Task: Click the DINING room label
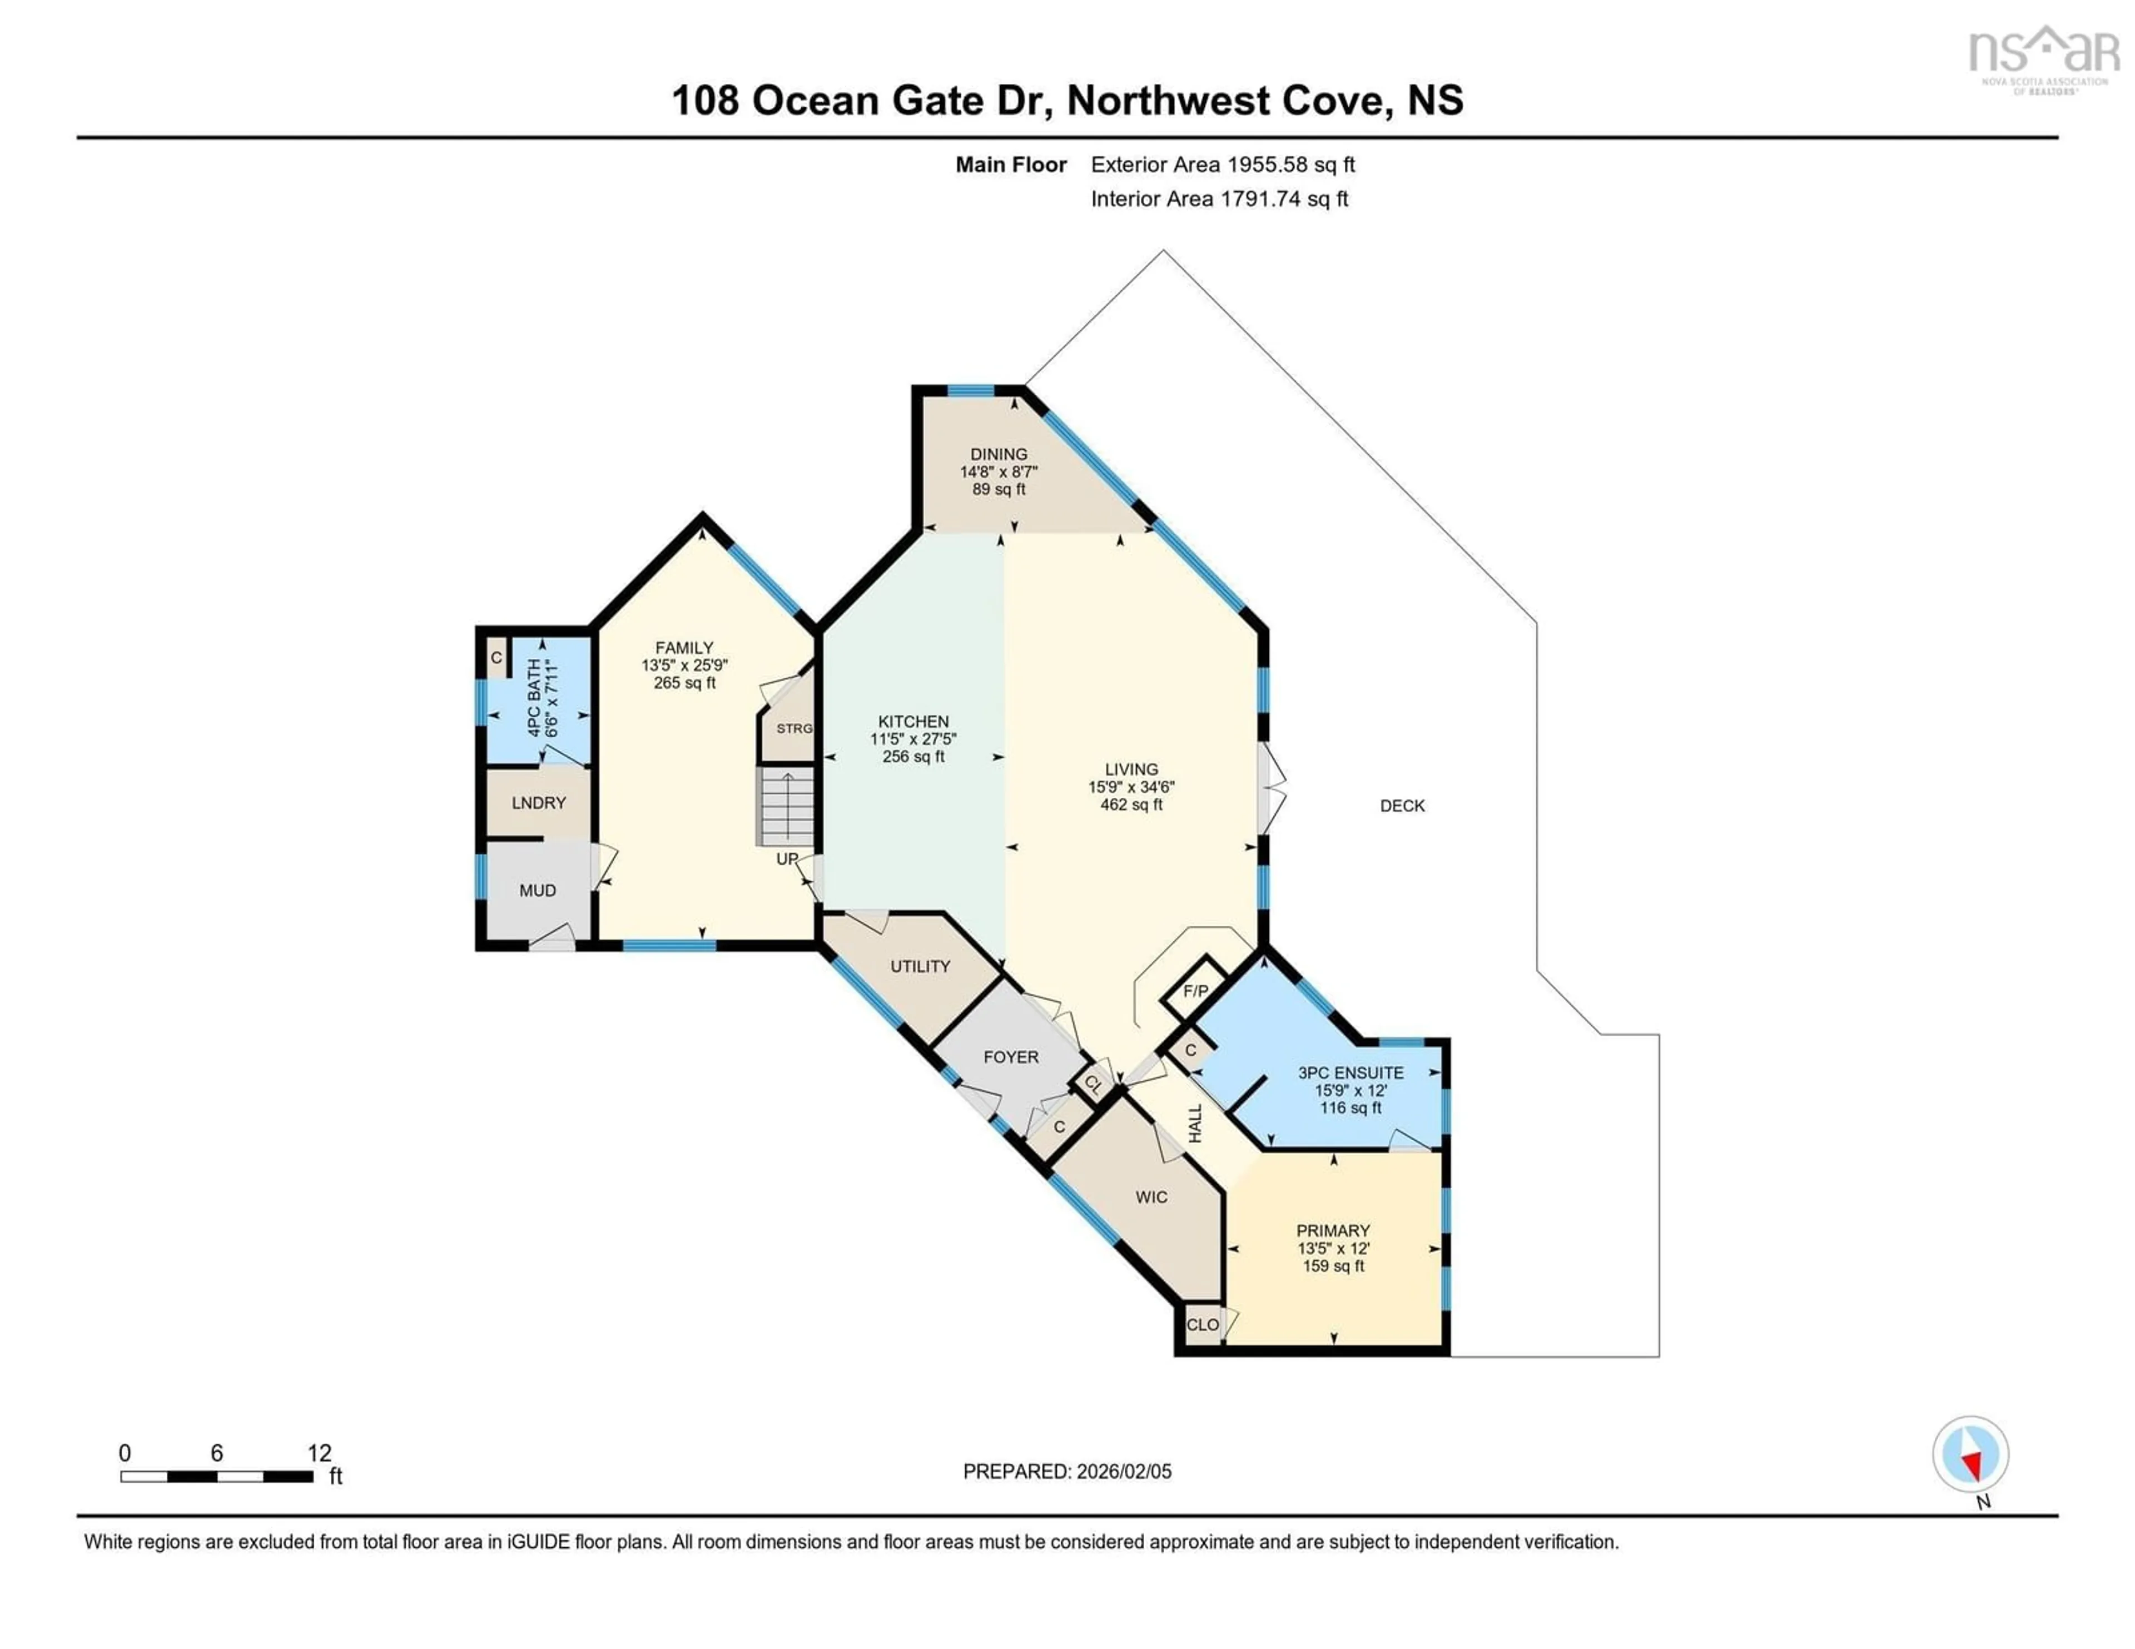998,454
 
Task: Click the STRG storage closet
793,728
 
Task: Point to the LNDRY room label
539,802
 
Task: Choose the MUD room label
538,891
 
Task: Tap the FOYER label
1011,1057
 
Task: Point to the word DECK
1402,806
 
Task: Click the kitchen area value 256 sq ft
913,757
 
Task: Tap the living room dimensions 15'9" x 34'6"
1131,787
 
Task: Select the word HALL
1195,1124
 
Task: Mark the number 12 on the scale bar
319,1453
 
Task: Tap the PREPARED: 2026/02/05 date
1066,1471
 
